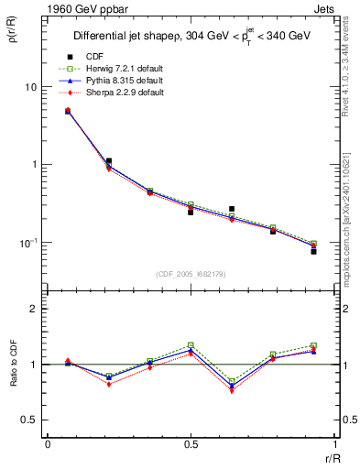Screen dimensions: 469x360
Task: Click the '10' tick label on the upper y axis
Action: [x=30, y=87]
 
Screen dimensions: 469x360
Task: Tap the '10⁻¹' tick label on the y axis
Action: [x=28, y=243]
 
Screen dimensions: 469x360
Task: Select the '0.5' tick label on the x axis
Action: [x=191, y=444]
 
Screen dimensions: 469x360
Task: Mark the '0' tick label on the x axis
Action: [x=48, y=444]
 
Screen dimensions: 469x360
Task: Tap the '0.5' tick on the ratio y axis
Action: [x=29, y=420]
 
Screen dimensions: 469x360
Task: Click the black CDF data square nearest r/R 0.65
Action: [x=232, y=209]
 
